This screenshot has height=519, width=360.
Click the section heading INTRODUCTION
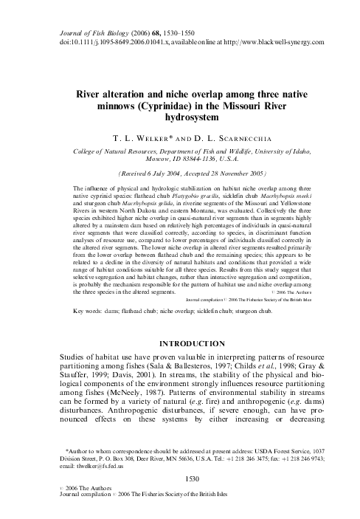179,343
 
